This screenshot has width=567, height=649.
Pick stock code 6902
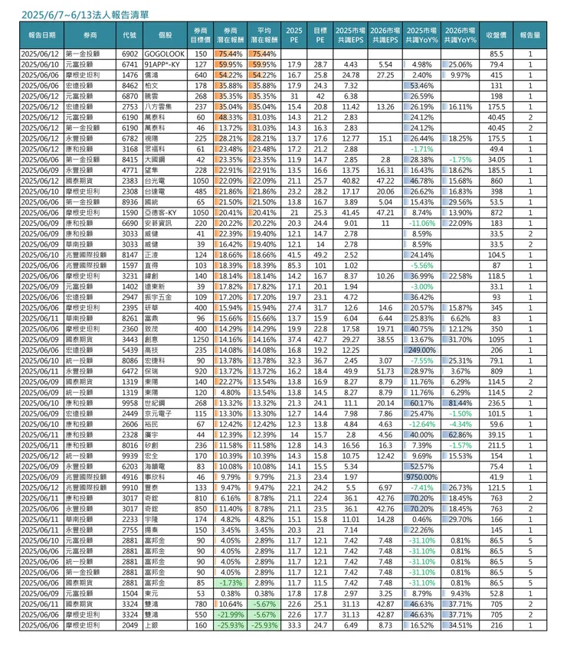[x=129, y=54]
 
